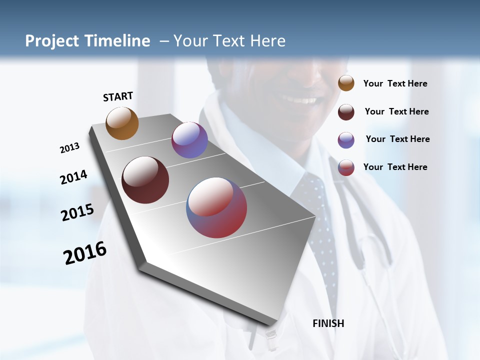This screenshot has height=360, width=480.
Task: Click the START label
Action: point(118,96)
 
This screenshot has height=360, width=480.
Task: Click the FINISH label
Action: point(328,323)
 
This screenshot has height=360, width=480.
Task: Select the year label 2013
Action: point(69,148)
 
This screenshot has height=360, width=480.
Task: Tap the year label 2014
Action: point(73,177)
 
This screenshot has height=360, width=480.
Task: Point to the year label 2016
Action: point(85,253)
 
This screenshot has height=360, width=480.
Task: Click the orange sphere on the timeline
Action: point(122,123)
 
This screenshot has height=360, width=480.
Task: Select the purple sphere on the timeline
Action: point(189,140)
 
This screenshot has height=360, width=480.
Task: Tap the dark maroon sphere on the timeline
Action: point(145,180)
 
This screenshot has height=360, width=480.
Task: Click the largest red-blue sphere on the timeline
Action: point(216,207)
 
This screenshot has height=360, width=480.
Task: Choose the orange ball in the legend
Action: point(346,83)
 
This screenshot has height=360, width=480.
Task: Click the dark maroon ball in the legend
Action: point(346,112)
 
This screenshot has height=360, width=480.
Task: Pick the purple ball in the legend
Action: point(346,140)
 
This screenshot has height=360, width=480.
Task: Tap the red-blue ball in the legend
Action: point(346,167)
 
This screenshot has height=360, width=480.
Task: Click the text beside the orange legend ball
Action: point(395,83)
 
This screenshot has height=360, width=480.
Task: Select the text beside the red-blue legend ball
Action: point(395,167)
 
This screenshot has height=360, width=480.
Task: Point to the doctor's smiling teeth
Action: point(303,100)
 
